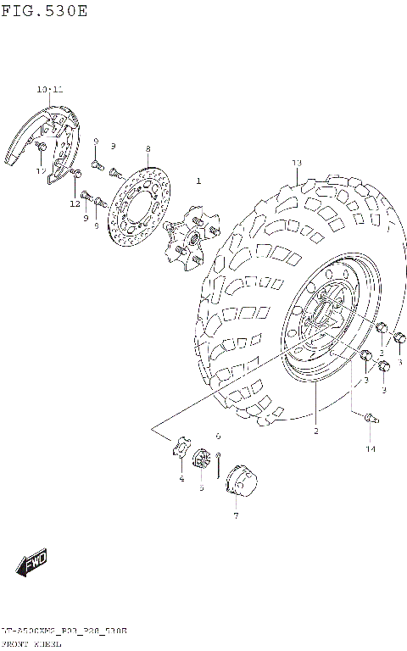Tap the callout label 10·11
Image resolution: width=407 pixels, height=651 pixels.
(x=49, y=89)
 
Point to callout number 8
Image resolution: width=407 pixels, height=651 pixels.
(x=147, y=148)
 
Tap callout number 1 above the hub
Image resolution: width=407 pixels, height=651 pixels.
(x=198, y=181)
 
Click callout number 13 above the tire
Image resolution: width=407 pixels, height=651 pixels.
(x=296, y=163)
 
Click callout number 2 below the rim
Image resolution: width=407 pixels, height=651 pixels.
(x=315, y=431)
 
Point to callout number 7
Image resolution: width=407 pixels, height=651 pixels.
(x=236, y=515)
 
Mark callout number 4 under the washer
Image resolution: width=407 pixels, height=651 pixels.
(x=181, y=479)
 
